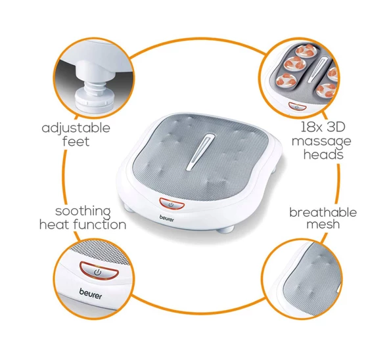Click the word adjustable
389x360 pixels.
pyautogui.click(x=76, y=127)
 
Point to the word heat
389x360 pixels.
pyautogui.click(x=56, y=225)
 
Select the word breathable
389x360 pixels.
pyautogui.click(x=323, y=212)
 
